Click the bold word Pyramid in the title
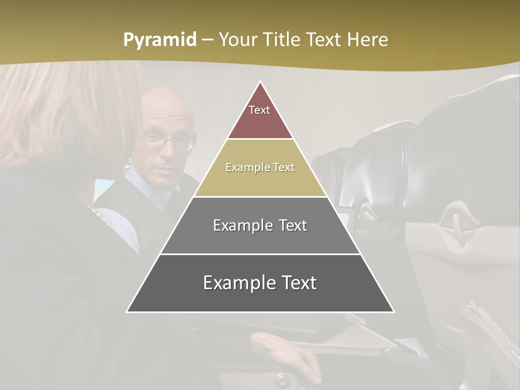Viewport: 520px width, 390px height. (160, 40)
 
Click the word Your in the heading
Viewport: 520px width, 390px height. (238, 40)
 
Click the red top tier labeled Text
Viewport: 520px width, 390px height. (260, 116)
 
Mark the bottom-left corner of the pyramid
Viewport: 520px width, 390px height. (127, 311)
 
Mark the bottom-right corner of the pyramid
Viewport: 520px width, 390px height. (394, 311)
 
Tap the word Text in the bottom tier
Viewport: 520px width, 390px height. (295, 283)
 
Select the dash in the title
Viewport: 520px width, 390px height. (207, 40)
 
